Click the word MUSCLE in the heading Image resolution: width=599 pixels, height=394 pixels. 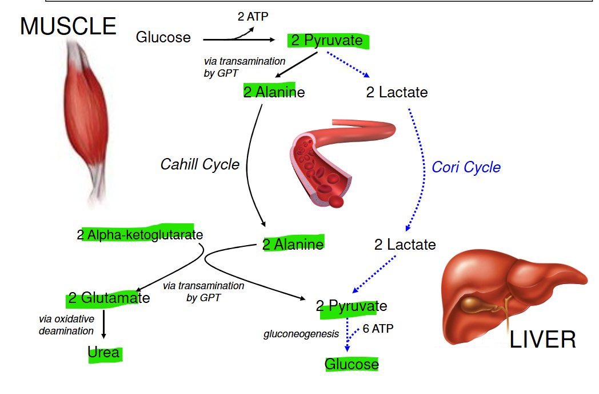pos(68,27)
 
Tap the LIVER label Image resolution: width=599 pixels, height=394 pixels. pos(542,340)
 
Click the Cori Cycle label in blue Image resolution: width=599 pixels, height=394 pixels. pos(466,167)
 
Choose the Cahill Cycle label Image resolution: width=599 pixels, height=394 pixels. pos(199,164)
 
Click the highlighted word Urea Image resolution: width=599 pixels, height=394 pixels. pos(104,352)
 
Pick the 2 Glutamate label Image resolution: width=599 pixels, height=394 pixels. pos(109,298)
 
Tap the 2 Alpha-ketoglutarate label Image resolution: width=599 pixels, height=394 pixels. pos(140,234)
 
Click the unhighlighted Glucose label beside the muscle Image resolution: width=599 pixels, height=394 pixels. pos(163,38)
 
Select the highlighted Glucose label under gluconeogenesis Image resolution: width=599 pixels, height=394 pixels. pos(352,364)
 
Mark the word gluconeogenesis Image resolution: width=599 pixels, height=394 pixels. pos(301,334)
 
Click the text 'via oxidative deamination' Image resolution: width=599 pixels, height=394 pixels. pos(66,325)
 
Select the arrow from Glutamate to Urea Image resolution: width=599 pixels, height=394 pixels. pos(104,324)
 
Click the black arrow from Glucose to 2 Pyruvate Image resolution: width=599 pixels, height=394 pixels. pos(240,40)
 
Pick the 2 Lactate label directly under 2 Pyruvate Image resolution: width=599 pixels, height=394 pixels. pos(397,92)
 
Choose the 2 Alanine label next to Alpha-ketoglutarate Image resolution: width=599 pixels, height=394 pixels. pos(293,245)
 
